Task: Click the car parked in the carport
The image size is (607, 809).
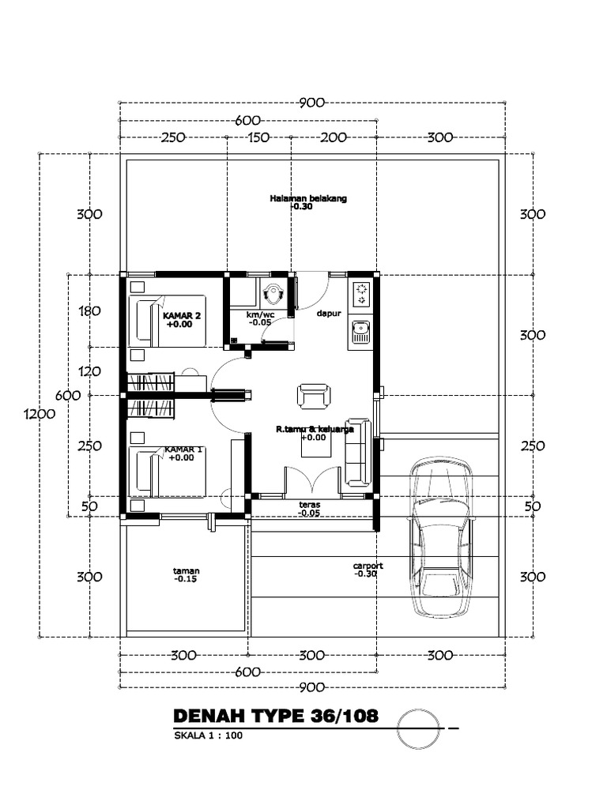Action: [x=441, y=537]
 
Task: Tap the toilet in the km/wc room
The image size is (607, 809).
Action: [x=273, y=294]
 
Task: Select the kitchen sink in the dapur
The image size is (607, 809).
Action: [x=360, y=332]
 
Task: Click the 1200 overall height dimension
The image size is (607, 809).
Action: [x=40, y=414]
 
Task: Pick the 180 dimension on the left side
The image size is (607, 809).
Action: [x=90, y=311]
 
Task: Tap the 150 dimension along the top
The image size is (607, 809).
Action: [x=258, y=137]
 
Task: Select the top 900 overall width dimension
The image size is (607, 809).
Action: [x=312, y=103]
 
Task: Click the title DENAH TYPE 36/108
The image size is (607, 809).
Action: [x=276, y=716]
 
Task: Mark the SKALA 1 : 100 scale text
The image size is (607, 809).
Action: [x=208, y=736]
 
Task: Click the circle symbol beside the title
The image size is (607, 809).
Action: [x=419, y=728]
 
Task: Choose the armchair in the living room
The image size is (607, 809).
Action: [x=313, y=397]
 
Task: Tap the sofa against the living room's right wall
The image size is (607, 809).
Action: [x=358, y=453]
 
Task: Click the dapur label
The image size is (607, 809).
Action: [x=329, y=313]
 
